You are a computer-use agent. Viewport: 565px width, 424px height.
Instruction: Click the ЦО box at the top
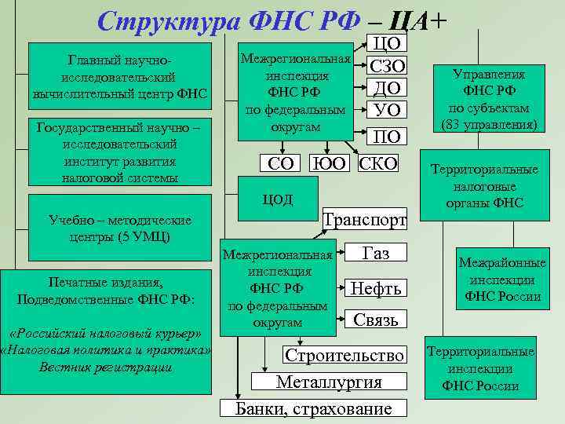[386, 44]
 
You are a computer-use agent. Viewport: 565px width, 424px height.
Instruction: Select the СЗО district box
[386, 66]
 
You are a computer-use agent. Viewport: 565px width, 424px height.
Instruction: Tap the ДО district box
[386, 87]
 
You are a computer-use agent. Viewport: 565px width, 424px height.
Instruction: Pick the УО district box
[386, 108]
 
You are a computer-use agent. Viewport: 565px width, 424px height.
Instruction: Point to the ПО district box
[386, 137]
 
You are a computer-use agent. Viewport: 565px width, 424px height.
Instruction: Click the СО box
[281, 164]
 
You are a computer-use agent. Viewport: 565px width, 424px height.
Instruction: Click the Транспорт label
[366, 220]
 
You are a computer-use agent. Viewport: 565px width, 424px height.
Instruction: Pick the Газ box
[376, 252]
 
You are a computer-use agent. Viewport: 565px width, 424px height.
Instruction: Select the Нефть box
[376, 288]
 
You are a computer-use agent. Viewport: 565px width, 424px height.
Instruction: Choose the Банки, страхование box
[315, 408]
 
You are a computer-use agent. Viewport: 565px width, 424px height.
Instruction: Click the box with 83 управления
[489, 100]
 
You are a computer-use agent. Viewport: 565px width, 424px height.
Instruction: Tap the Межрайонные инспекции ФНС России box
[491, 279]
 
